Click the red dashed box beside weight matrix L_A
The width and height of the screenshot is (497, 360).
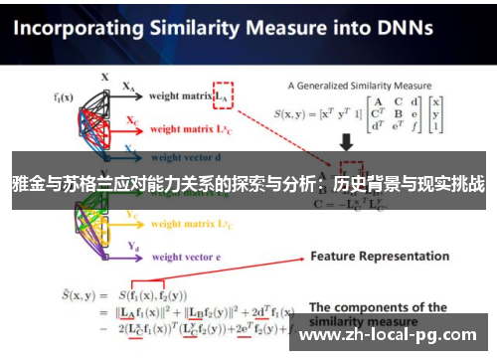pyautogui.click(x=224, y=94)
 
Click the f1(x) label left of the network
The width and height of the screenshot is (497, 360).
pyautogui.click(x=65, y=96)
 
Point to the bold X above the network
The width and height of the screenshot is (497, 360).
pyautogui.click(x=104, y=76)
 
